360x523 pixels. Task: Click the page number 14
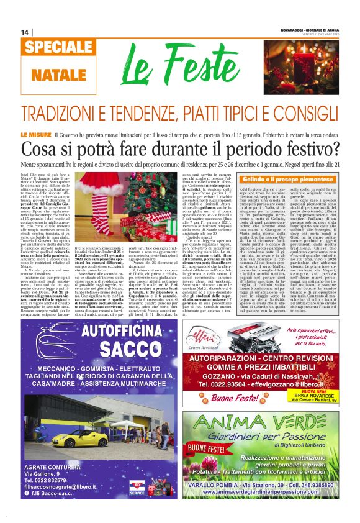pyautogui.click(x=25, y=32)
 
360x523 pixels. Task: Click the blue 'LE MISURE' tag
pyautogui.click(x=36, y=135)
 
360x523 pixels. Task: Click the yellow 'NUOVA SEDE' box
pyautogui.click(x=317, y=393)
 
